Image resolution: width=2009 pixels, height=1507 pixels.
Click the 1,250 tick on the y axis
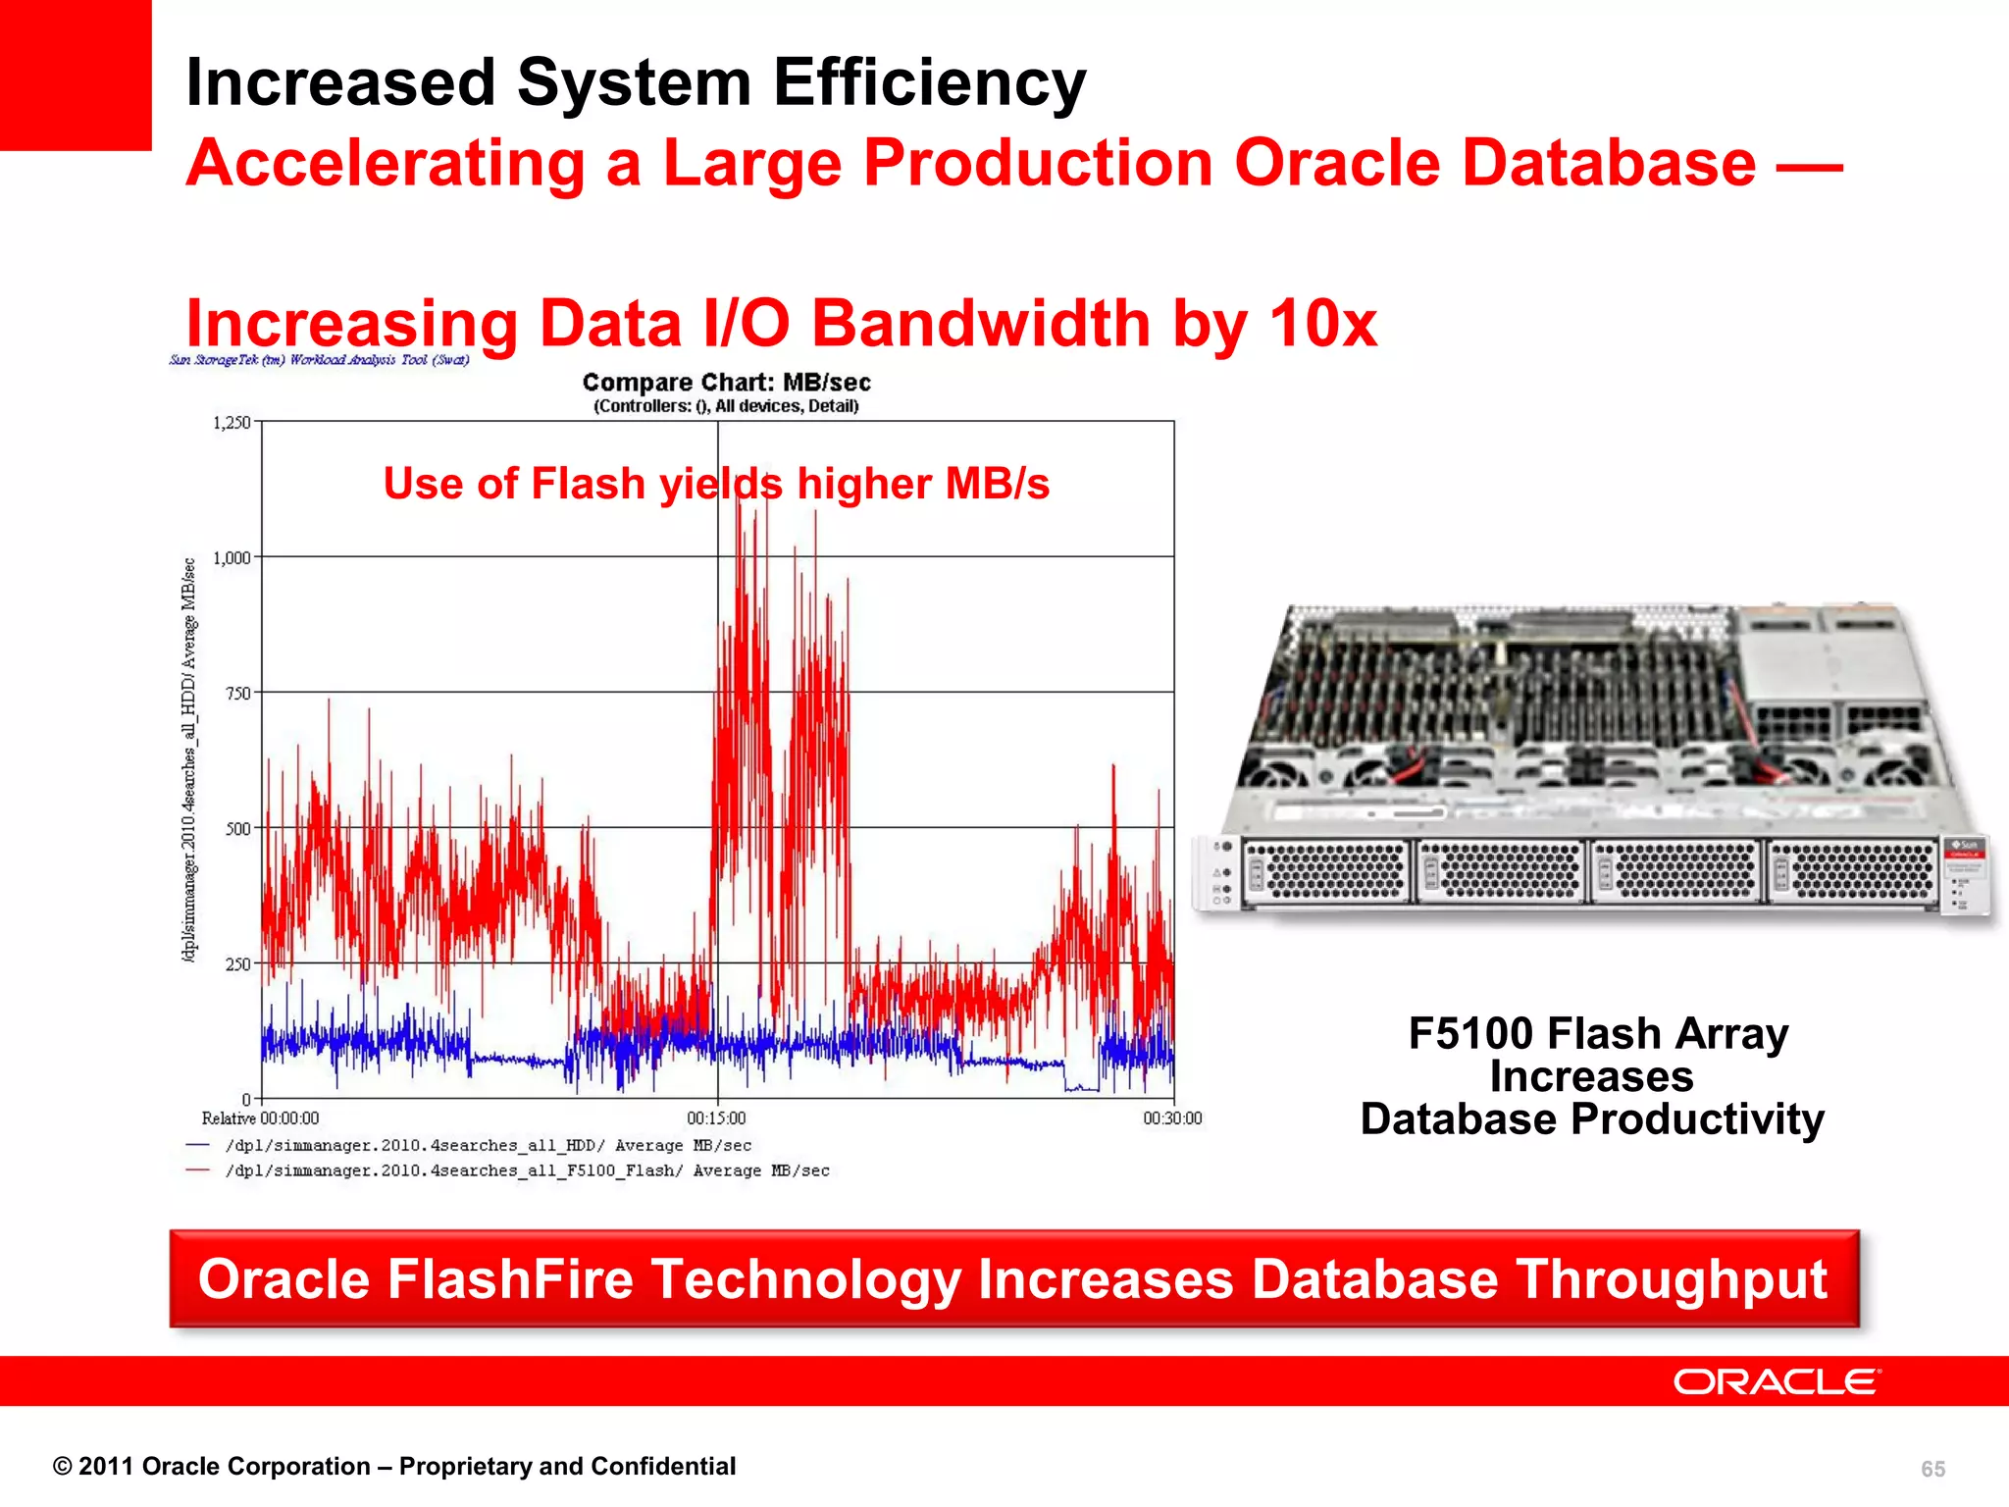[x=232, y=423]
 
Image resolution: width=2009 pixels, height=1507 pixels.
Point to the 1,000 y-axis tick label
[x=232, y=558]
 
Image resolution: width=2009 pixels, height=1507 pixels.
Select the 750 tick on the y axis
[x=238, y=694]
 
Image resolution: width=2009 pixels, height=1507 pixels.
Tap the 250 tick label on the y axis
[x=238, y=964]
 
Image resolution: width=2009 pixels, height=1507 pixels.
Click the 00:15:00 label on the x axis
[x=716, y=1118]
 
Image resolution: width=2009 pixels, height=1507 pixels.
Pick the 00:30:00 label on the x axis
[x=1172, y=1118]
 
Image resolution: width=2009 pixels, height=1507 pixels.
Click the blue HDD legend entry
[x=488, y=1145]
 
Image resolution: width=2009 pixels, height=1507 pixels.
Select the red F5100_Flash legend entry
[x=527, y=1170]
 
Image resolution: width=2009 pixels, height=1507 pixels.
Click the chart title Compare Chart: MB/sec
[x=726, y=383]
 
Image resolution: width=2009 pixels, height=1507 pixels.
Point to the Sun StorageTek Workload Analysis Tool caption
[x=320, y=360]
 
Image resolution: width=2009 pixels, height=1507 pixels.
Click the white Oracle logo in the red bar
[x=1777, y=1381]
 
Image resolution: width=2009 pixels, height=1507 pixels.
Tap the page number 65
[x=1932, y=1469]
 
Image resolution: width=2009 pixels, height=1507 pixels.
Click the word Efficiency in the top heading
[x=929, y=82]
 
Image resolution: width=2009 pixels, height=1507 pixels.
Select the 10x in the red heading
[x=1323, y=324]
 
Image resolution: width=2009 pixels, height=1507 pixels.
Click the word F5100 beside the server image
[x=1470, y=1034]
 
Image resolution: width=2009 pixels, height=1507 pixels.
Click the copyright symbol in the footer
[x=63, y=1467]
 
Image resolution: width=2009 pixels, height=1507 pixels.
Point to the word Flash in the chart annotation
[x=588, y=484]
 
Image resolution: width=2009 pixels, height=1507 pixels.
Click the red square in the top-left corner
[x=76, y=75]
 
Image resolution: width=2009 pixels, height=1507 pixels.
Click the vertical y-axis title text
[x=189, y=760]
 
